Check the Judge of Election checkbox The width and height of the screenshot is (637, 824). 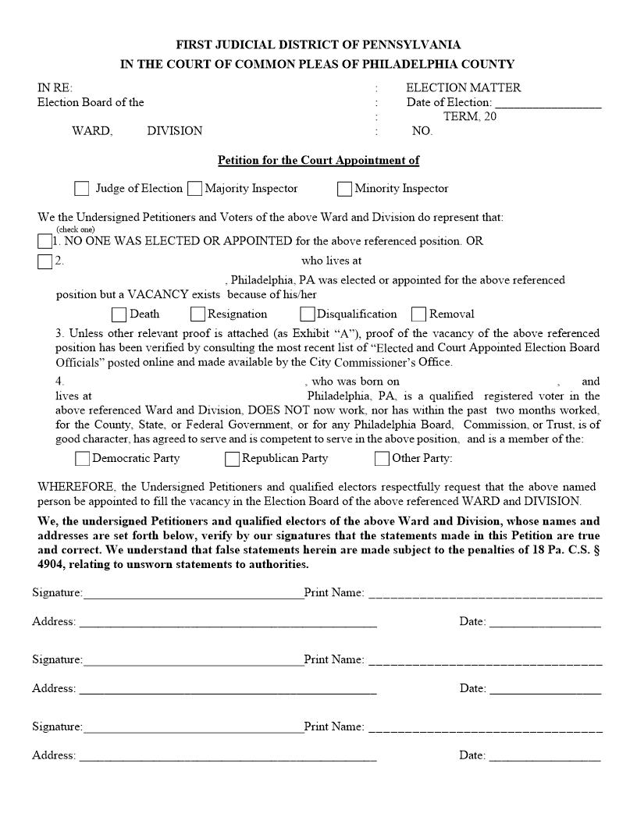tap(82, 189)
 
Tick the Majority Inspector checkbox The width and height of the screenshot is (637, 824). tap(194, 189)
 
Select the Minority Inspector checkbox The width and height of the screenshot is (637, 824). tap(344, 189)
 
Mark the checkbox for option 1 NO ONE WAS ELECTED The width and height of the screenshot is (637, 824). tap(44, 241)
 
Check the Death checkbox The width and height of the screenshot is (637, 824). tap(119, 314)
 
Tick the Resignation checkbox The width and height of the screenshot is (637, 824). tap(198, 314)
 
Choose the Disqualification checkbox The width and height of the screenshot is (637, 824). tap(308, 314)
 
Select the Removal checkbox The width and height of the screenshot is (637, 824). tap(418, 314)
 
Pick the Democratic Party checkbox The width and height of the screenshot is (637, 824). tap(82, 459)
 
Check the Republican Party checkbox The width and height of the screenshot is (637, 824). tap(232, 459)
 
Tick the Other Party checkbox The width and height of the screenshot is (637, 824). tap(382, 459)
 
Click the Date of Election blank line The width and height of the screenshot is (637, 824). tap(548, 103)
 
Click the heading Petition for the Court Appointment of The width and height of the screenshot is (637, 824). tap(318, 161)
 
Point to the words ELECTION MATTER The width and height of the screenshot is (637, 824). tap(463, 88)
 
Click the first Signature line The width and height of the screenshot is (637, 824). tap(193, 594)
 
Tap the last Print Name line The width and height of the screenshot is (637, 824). tap(485, 727)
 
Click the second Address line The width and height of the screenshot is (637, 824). tap(228, 689)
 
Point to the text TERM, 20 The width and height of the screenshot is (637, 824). tap(470, 117)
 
